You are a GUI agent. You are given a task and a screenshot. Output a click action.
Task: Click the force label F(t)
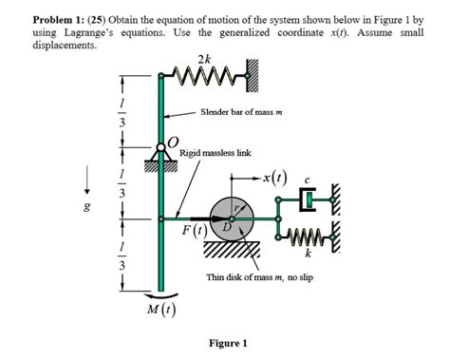coord(197,230)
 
